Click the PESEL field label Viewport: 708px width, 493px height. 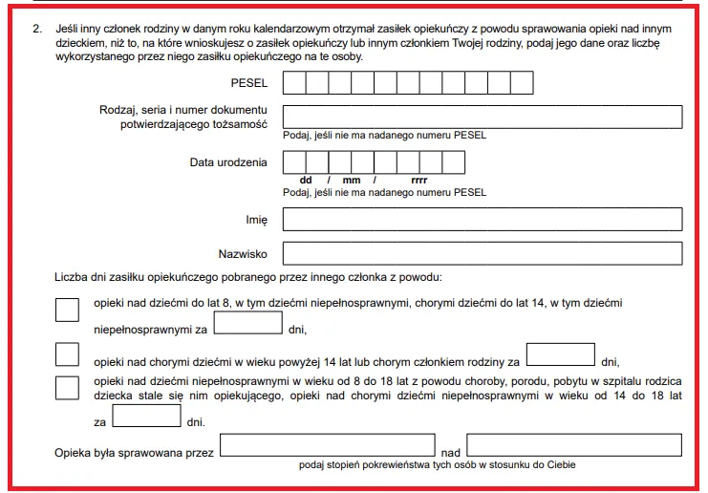249,83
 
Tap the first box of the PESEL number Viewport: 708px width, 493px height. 293,83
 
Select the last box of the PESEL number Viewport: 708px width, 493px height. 522,83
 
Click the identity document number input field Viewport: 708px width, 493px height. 483,117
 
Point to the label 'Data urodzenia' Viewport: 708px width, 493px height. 228,162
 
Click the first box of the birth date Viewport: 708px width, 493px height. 293,162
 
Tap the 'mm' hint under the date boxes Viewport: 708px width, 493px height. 351,180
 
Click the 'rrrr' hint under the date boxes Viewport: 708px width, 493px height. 418,180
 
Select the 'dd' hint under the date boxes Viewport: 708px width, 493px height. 306,180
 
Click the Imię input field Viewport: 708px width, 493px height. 483,220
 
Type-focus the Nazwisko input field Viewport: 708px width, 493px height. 483,253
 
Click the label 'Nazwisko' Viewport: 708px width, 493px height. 243,254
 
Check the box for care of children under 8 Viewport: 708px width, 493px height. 68,311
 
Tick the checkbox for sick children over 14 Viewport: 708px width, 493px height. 68,354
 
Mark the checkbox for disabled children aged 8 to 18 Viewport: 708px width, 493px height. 68,387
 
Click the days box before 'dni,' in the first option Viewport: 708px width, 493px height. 248,323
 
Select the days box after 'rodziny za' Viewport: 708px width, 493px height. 561,354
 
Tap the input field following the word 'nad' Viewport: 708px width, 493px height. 574,446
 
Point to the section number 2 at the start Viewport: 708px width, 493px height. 35,31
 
